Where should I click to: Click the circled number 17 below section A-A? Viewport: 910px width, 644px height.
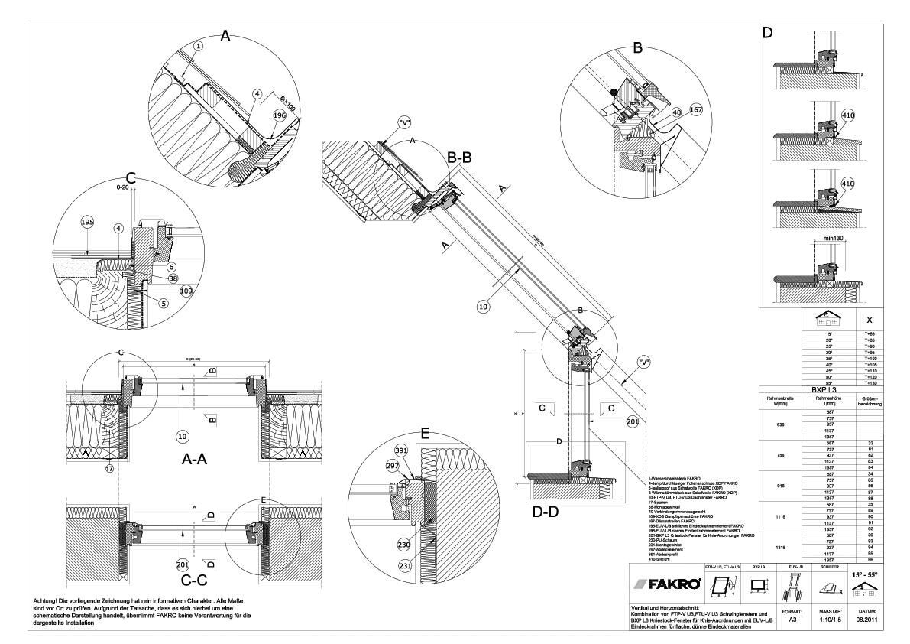coord(108,467)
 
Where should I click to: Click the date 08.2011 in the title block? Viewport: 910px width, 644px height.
coord(866,620)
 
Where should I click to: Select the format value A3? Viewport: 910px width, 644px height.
coord(792,620)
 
